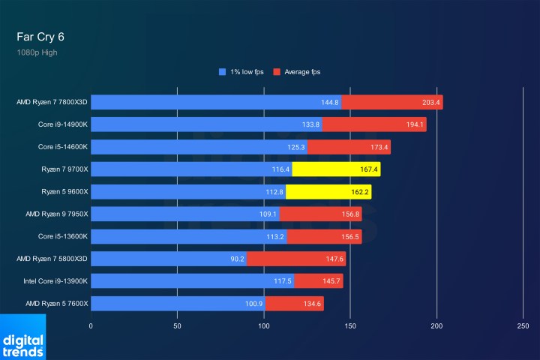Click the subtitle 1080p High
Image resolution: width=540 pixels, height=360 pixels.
tap(37, 52)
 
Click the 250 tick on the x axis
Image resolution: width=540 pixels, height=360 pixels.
tap(523, 326)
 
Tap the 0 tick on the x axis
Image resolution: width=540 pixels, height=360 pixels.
tap(91, 326)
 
